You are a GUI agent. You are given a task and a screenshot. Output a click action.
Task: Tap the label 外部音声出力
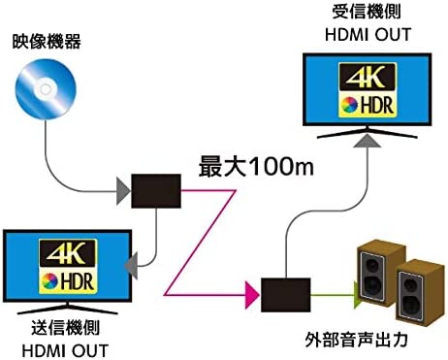point(362,341)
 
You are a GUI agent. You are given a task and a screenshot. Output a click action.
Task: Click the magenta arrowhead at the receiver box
point(254,290)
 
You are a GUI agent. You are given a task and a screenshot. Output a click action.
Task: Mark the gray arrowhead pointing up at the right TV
point(362,140)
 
